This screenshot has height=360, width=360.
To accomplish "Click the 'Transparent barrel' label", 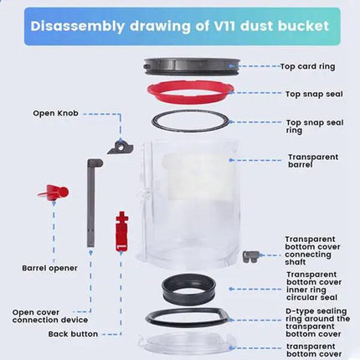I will click(313, 160).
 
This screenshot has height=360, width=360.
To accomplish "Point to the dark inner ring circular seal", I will click(185, 290).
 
